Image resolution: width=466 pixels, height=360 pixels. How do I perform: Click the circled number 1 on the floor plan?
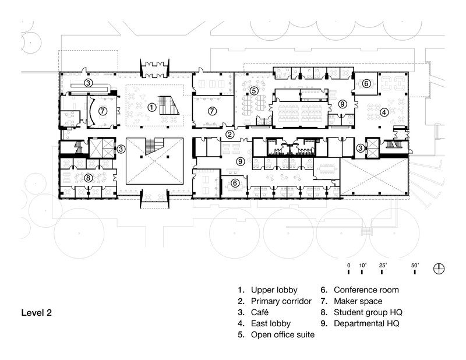click(151, 107)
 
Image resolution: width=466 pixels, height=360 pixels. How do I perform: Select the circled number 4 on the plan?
click(384, 111)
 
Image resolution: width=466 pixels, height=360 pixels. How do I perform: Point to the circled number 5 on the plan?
click(255, 90)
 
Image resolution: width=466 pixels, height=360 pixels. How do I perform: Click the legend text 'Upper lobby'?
click(274, 290)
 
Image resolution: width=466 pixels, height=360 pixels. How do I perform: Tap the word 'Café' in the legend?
click(260, 312)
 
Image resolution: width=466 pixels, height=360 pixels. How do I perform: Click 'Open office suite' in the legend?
click(282, 335)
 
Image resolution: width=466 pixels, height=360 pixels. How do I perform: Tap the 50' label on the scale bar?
click(416, 265)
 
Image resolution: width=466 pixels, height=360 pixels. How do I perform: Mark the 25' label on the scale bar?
click(383, 265)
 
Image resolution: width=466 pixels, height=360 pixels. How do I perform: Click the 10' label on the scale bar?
click(362, 265)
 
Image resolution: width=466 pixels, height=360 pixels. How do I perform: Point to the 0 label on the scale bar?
click(348, 265)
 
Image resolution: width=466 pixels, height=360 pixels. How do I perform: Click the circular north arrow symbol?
click(440, 269)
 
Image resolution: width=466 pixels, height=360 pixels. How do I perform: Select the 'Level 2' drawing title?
click(37, 313)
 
